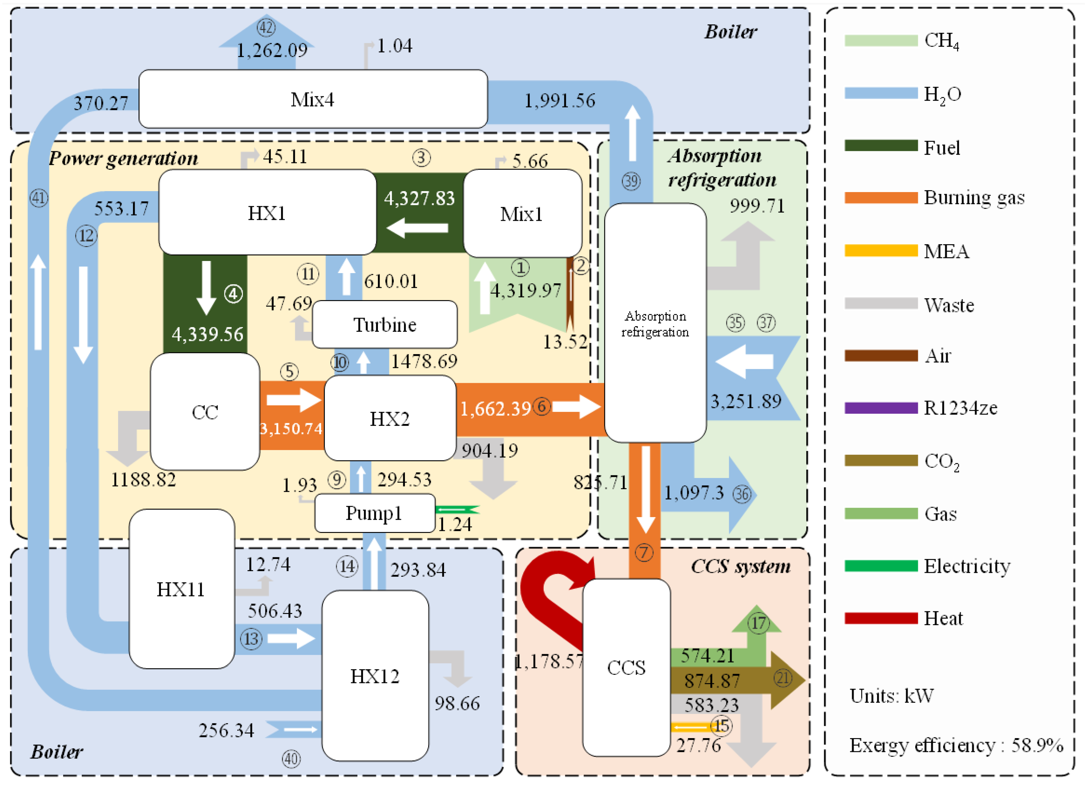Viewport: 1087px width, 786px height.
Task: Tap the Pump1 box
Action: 375,513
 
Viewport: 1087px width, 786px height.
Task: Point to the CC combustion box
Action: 205,412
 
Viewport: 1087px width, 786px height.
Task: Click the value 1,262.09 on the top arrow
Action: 272,50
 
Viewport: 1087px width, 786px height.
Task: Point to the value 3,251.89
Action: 746,401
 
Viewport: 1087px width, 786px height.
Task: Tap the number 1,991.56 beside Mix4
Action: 560,101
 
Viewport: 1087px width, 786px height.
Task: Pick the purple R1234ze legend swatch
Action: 881,408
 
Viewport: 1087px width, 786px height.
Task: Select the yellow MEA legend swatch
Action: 881,251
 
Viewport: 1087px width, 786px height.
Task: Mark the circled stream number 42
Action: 267,27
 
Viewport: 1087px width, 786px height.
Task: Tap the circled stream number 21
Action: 783,678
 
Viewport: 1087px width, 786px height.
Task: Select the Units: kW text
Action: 891,696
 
